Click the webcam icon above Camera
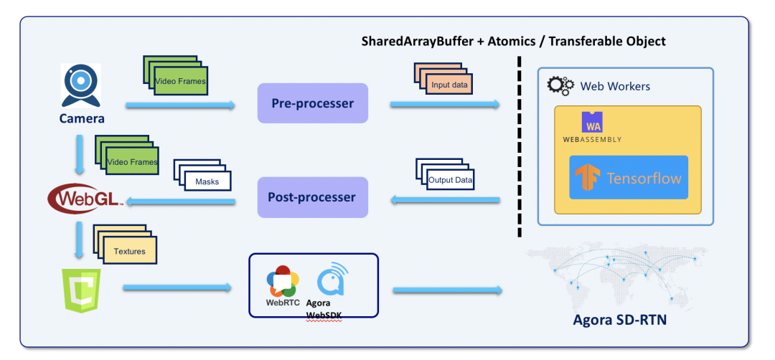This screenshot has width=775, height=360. click(80, 85)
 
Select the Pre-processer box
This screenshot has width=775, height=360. click(312, 103)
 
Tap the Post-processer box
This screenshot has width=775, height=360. click(312, 197)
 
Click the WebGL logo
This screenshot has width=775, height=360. click(83, 196)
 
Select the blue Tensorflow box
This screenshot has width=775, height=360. click(629, 177)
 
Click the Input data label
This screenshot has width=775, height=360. click(450, 85)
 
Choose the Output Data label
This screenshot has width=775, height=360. click(450, 179)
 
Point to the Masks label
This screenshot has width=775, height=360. click(207, 181)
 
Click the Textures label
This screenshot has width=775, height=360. click(129, 252)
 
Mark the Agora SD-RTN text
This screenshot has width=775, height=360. click(620, 320)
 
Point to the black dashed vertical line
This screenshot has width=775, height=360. click(518, 143)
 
